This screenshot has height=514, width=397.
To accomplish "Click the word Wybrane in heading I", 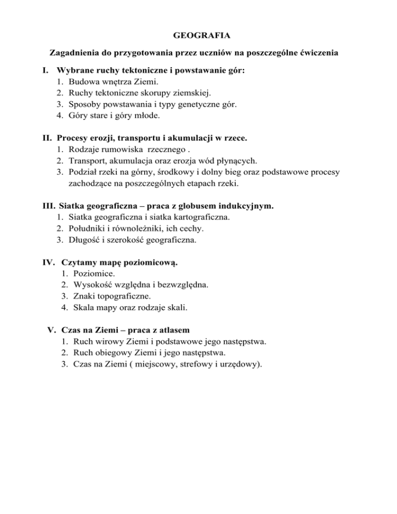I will coord(74,70).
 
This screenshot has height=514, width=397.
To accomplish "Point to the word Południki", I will coord(89,229).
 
